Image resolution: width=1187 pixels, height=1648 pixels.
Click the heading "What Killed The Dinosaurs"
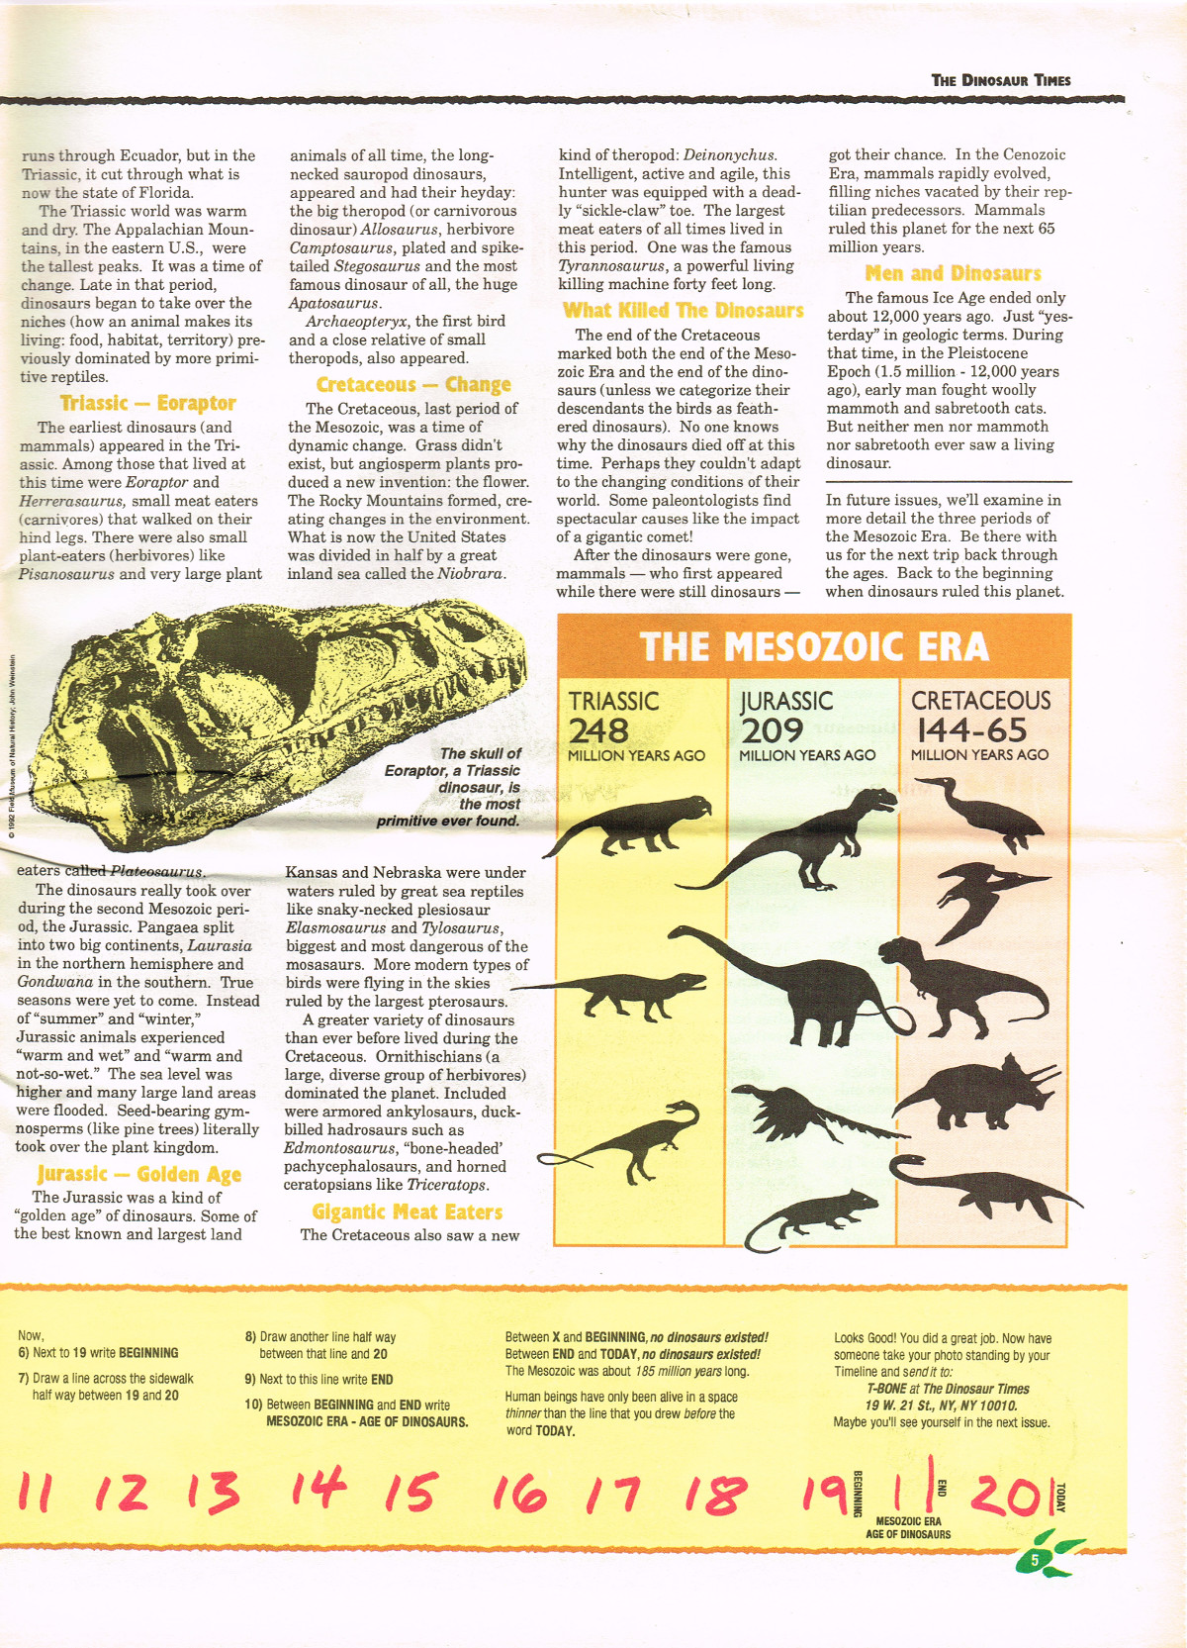pyautogui.click(x=683, y=311)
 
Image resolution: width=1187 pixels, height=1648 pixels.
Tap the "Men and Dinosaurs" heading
pyautogui.click(x=953, y=273)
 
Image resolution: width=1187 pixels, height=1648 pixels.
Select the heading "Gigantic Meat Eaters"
pyautogui.click(x=407, y=1212)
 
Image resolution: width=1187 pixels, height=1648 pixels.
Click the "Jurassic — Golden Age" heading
pyautogui.click(x=138, y=1175)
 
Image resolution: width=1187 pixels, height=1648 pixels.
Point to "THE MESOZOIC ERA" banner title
pyautogui.click(x=814, y=647)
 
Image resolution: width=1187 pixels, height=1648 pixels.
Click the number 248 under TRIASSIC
pyautogui.click(x=598, y=730)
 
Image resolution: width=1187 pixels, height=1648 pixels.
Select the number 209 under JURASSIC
pyautogui.click(x=772, y=730)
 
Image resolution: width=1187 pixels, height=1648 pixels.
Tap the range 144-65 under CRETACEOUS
pyautogui.click(x=972, y=730)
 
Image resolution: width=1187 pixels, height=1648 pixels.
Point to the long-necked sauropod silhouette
pyautogui.click(x=791, y=985)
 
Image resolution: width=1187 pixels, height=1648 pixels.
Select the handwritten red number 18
pyautogui.click(x=724, y=1494)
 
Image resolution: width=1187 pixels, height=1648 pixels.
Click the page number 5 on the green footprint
pyautogui.click(x=1036, y=1560)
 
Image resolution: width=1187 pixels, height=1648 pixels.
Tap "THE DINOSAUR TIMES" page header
pyautogui.click(x=1001, y=80)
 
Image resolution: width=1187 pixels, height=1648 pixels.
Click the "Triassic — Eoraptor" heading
pyautogui.click(x=147, y=403)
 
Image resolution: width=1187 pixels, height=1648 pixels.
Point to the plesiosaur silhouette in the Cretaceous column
pyautogui.click(x=979, y=1183)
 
